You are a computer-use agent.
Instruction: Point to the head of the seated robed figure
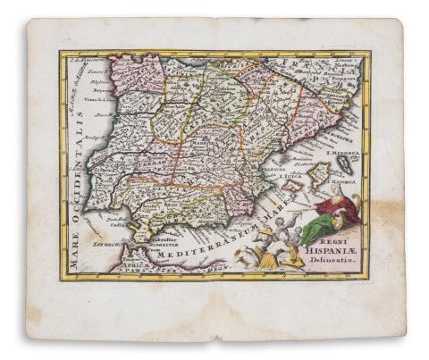tap(334, 190)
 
